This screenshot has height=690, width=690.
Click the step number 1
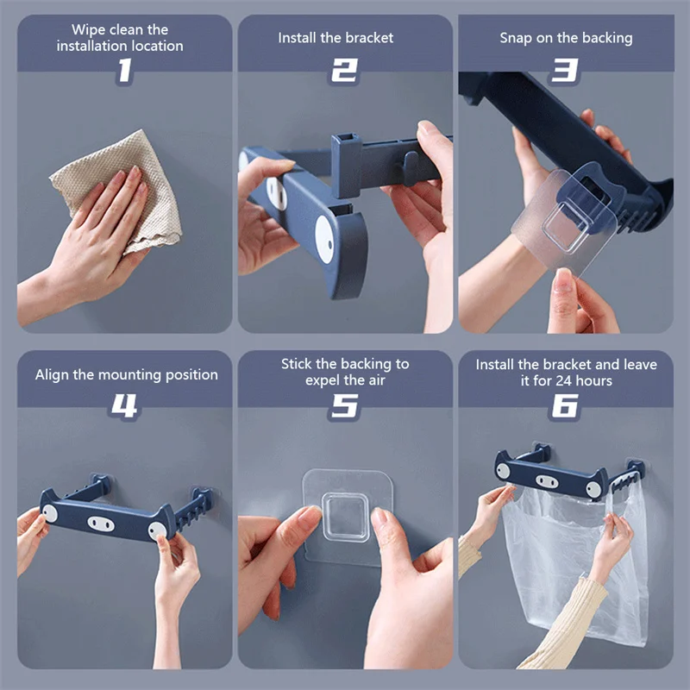124,71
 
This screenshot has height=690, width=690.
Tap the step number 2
344,71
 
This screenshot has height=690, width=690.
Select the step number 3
565,71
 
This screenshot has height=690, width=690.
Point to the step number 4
123,405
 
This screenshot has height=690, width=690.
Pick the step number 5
344,405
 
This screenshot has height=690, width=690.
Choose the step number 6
565,405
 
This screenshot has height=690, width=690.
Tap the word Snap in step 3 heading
516,38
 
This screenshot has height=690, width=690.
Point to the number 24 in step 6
564,380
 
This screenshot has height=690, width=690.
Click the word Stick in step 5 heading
296,364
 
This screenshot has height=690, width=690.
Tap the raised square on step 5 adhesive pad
346,517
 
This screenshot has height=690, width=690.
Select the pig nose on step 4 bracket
101,524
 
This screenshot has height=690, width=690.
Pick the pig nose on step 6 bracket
547,481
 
